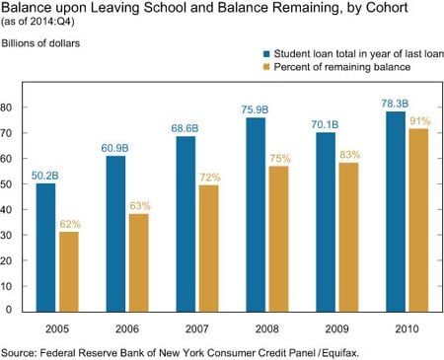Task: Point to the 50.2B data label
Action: click(x=45, y=175)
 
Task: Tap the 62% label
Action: click(x=69, y=224)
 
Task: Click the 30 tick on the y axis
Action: click(x=9, y=234)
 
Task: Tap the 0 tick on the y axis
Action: click(x=12, y=310)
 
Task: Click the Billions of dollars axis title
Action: click(x=40, y=44)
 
